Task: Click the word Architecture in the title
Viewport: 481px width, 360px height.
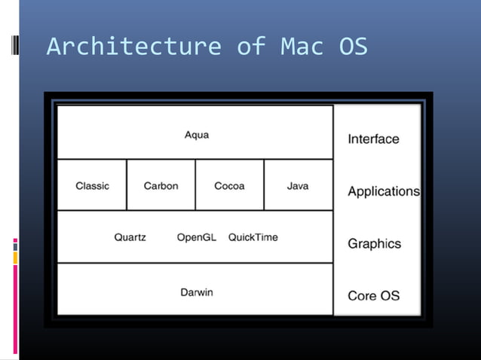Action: (x=133, y=47)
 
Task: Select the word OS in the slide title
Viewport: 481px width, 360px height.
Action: (x=353, y=47)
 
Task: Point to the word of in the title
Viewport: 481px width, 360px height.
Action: (x=250, y=47)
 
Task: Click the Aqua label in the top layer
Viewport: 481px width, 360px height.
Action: (x=197, y=135)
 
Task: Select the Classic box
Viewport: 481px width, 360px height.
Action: (x=92, y=185)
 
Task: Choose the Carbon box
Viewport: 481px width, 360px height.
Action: (x=161, y=185)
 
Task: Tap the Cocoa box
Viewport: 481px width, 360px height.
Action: (x=229, y=185)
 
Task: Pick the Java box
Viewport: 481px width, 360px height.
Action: (x=298, y=185)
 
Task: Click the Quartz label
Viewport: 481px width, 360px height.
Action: (x=130, y=237)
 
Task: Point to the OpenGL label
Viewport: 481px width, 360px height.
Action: (x=196, y=237)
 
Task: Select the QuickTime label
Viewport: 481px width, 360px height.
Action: (x=253, y=237)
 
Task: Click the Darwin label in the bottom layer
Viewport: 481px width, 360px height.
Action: (x=196, y=291)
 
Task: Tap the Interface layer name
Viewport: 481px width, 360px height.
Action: (x=373, y=139)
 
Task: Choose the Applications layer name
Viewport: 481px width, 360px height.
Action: (x=383, y=191)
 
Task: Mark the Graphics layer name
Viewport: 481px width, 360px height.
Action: (x=374, y=244)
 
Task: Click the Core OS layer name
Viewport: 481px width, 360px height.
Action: (x=373, y=296)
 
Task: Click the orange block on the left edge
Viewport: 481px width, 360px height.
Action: (x=15, y=258)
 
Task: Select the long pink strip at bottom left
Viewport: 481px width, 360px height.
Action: (x=15, y=309)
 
